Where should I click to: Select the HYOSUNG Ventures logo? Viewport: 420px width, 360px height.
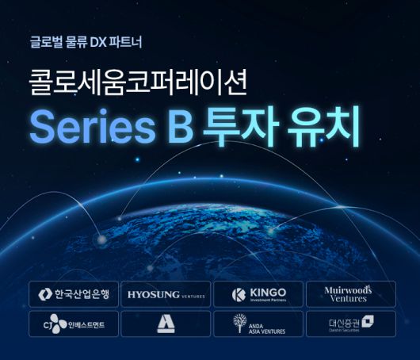[x=166, y=294]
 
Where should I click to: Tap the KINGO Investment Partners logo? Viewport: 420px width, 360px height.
[x=258, y=294]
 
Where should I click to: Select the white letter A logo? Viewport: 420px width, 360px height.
[x=166, y=324]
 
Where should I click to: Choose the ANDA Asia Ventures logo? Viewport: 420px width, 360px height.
[x=258, y=324]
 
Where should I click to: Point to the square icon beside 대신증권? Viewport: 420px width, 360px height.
[x=368, y=321]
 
